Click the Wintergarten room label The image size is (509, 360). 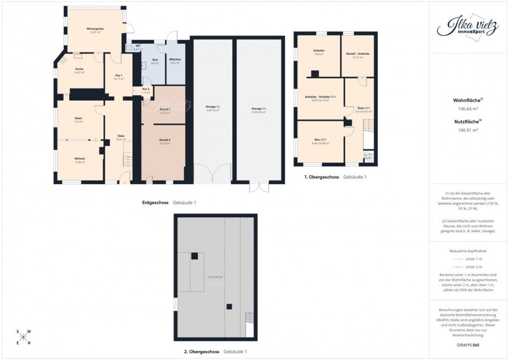[95, 28]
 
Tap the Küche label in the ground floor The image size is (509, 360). [80, 69]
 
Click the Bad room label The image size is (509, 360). [154, 59]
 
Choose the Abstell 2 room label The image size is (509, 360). [165, 140]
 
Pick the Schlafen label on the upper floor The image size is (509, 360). [319, 50]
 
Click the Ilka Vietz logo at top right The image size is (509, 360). [468, 27]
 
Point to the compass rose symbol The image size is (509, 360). [24, 337]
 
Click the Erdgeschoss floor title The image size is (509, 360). [155, 203]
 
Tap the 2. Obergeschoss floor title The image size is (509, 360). [201, 352]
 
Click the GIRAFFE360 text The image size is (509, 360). [469, 344]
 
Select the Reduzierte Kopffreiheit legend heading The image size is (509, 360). [469, 251]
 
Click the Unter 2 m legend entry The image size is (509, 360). [469, 267]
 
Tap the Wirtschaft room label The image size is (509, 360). [175, 59]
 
